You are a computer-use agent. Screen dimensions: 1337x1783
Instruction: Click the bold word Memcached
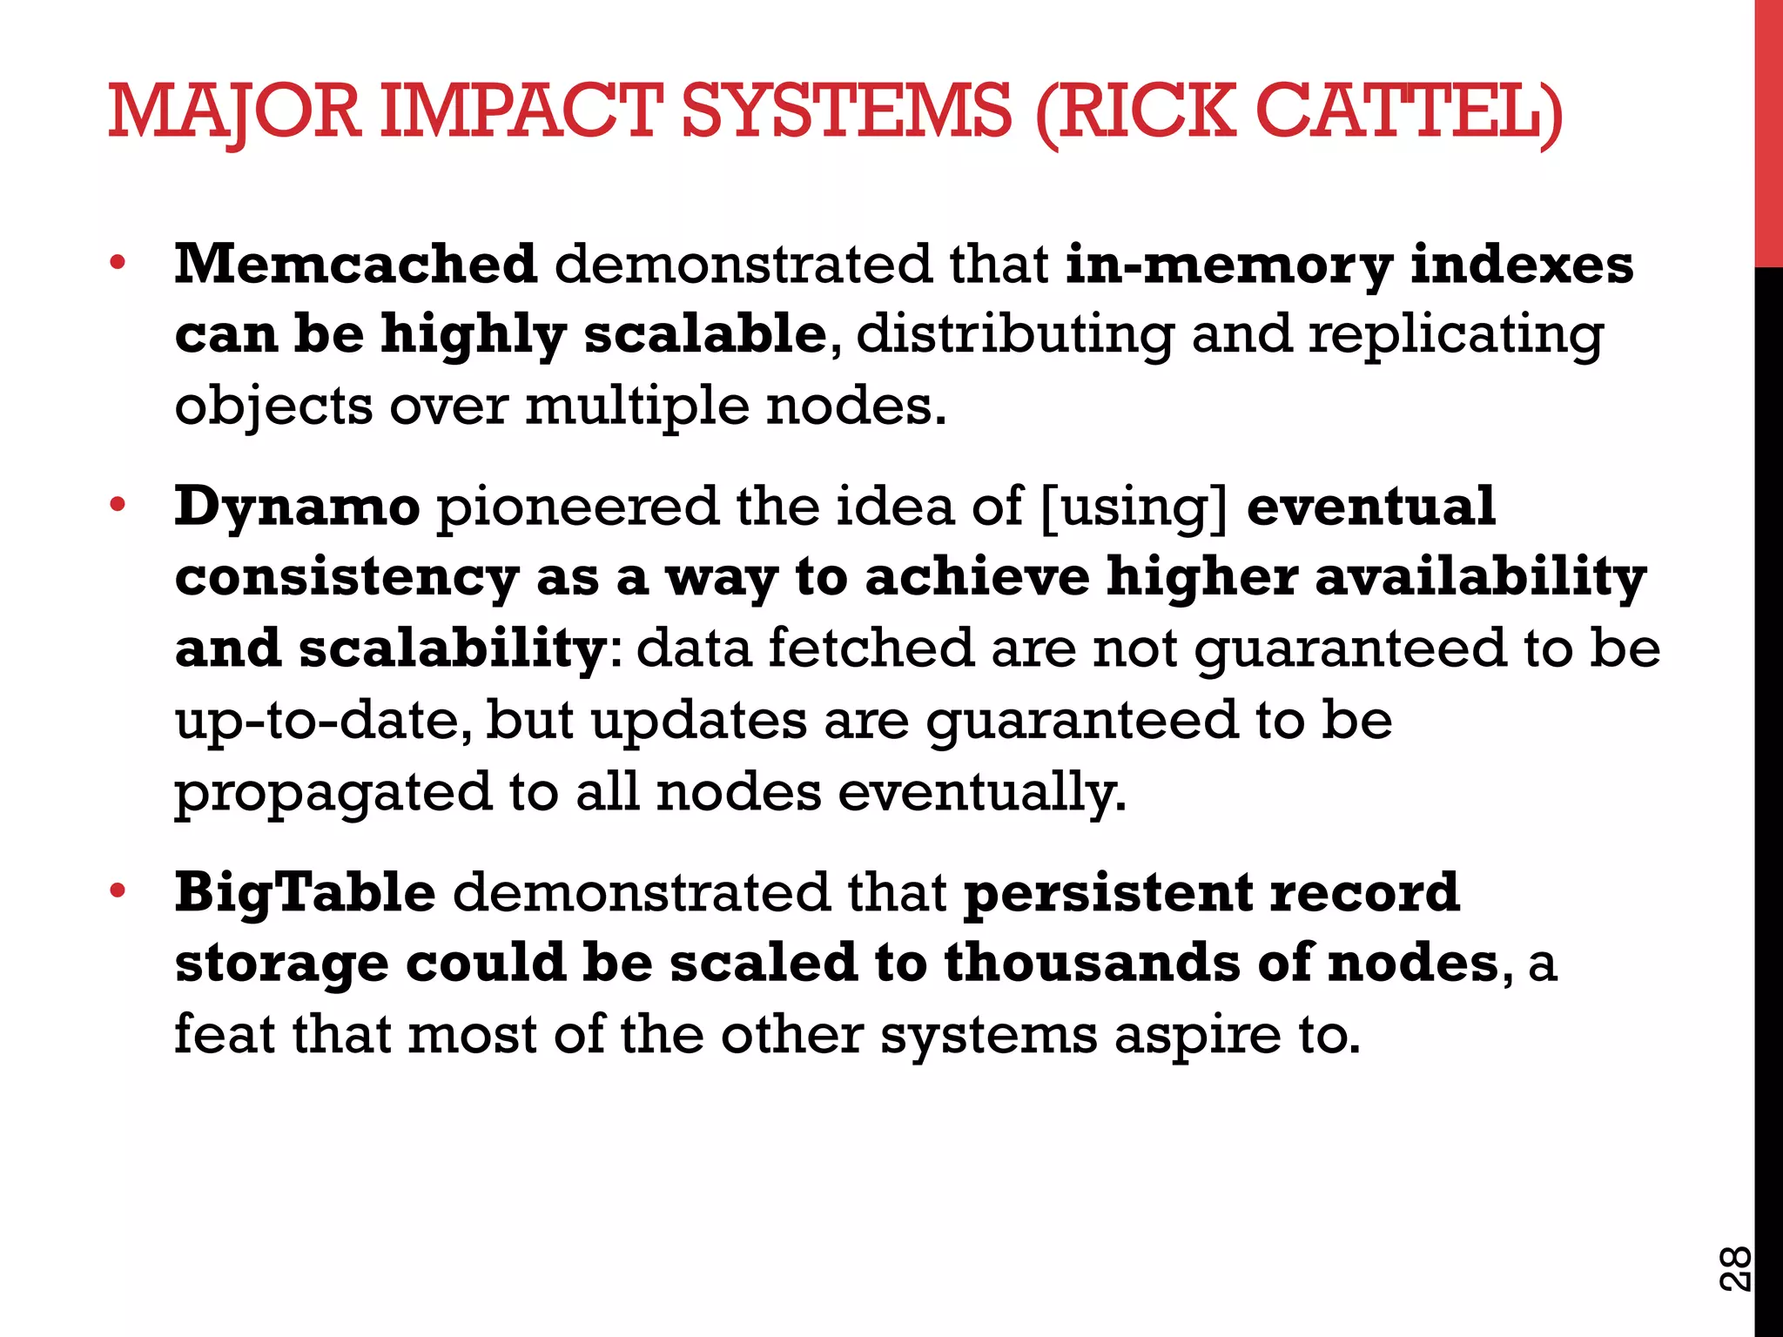[x=355, y=264]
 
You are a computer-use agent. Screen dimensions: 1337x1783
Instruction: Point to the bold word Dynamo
[x=298, y=507]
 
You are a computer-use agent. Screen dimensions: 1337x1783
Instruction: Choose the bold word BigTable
[x=305, y=893]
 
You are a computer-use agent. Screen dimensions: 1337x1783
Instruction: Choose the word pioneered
[x=576, y=507]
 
